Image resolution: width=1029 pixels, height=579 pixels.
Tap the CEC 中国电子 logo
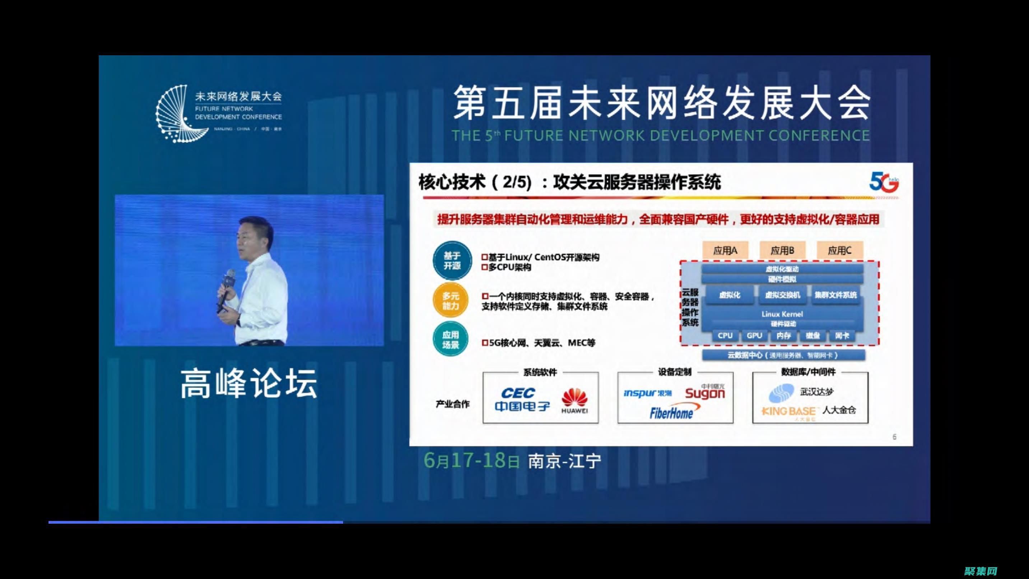[x=521, y=399]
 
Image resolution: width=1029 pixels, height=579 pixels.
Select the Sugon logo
[x=705, y=393]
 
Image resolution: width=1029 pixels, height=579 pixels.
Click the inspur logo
[x=647, y=393]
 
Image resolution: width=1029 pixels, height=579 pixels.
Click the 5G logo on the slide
[x=884, y=182]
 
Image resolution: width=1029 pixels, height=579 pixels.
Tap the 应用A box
[x=725, y=251]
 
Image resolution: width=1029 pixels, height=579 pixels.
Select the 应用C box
[x=839, y=251]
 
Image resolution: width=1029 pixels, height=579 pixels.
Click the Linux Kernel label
[x=782, y=314]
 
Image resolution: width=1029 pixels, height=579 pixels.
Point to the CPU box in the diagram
[x=725, y=335]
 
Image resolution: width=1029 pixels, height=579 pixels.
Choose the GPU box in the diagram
[x=754, y=335]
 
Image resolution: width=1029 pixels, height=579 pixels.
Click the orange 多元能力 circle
[x=451, y=301]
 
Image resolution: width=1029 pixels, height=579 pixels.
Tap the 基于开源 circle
[x=452, y=260]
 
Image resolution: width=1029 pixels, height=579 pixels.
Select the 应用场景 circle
[x=451, y=340]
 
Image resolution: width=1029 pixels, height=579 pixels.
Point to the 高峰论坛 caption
[x=248, y=384]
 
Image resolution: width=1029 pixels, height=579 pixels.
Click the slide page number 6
[x=894, y=437]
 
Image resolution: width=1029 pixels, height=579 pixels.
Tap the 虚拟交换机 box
[x=782, y=295]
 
